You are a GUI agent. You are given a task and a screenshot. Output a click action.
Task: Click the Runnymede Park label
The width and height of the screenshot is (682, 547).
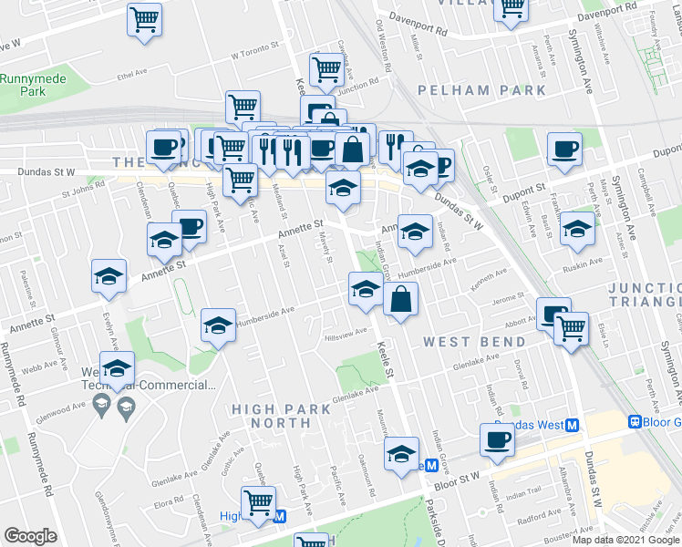pyautogui.click(x=33, y=85)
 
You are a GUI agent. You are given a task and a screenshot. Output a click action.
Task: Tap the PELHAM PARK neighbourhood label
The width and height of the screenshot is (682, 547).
pyautogui.click(x=482, y=90)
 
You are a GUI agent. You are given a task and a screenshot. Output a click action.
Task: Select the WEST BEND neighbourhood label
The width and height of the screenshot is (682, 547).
pyautogui.click(x=474, y=342)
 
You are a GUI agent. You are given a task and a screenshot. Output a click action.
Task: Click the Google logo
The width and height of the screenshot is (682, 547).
pyautogui.click(x=30, y=536)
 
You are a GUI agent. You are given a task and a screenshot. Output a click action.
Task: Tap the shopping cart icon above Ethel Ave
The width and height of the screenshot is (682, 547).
pyautogui.click(x=144, y=19)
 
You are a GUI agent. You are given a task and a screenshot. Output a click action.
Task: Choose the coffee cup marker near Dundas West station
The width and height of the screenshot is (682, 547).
pyautogui.click(x=498, y=439)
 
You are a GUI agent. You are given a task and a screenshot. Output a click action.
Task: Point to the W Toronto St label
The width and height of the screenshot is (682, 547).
pyautogui.click(x=253, y=55)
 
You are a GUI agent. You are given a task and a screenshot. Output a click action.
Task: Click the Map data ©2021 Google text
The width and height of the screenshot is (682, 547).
pyautogui.click(x=625, y=540)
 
